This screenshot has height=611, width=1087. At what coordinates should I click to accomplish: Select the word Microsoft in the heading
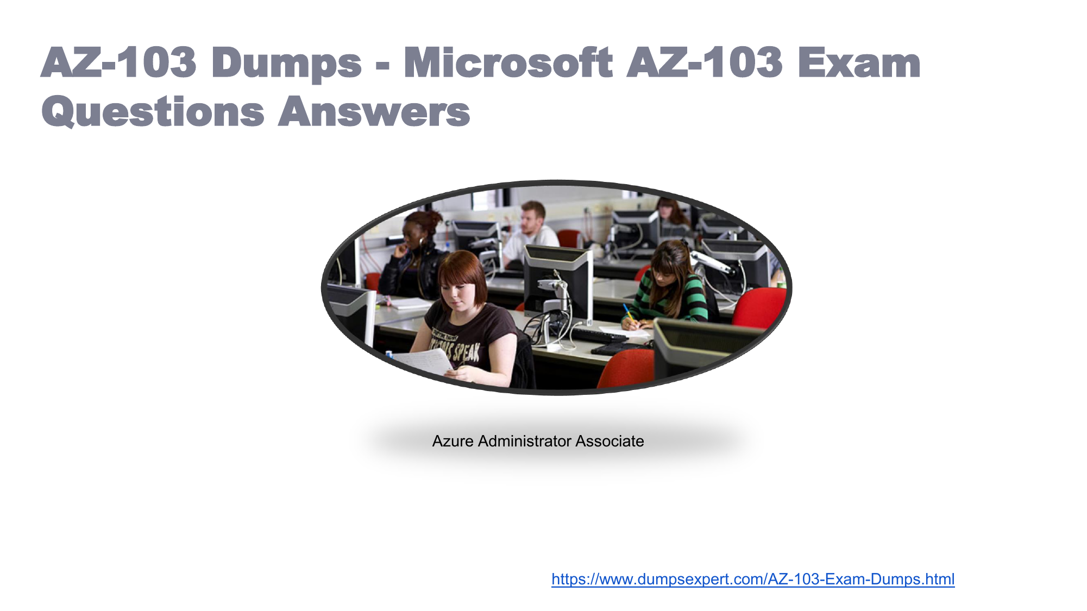tap(508, 62)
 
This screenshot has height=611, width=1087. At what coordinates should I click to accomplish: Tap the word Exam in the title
tap(859, 62)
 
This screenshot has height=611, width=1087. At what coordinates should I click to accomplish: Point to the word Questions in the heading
tap(153, 112)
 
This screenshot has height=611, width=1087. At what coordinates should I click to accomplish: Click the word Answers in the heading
tap(374, 111)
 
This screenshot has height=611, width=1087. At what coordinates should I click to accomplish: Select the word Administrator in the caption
tap(525, 441)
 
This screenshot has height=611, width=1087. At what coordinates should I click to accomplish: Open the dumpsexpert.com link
tap(753, 579)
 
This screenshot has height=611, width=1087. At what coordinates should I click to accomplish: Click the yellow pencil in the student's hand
tap(628, 313)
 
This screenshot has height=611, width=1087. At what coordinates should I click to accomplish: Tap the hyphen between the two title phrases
tap(382, 68)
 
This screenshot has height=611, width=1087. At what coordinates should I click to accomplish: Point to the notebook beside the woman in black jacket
tap(410, 304)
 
